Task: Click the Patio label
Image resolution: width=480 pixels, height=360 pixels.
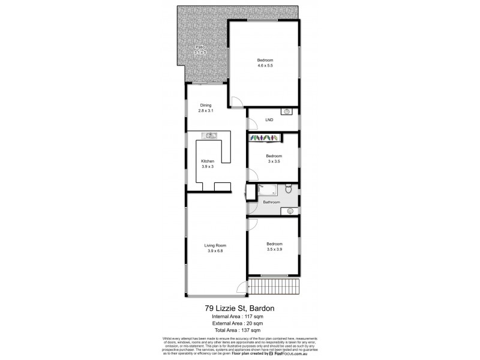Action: [x=200, y=47]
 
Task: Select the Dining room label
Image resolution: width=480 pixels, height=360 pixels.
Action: [x=206, y=106]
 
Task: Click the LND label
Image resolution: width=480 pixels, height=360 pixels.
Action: [x=269, y=120]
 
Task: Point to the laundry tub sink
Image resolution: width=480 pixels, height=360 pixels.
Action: [x=287, y=111]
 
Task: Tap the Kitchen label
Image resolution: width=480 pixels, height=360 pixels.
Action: [x=207, y=161]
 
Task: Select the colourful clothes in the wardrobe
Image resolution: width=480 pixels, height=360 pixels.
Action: [x=265, y=139]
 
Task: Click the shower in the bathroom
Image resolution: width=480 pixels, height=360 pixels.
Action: [x=268, y=191]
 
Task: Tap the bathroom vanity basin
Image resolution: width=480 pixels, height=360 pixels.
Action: [x=290, y=211]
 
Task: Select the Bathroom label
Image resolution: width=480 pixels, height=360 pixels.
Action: [x=271, y=202]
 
